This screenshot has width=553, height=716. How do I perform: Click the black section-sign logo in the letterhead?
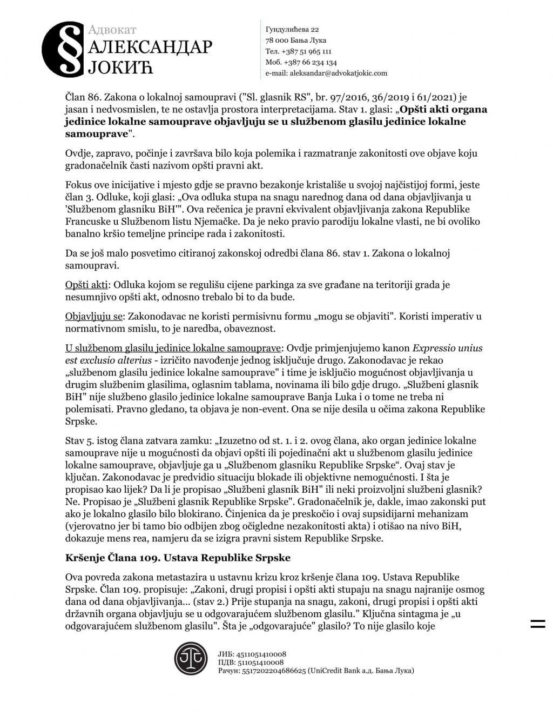pyautogui.click(x=63, y=49)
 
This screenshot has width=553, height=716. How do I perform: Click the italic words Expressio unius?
pyautogui.click(x=447, y=347)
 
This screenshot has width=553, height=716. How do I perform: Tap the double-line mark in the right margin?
pyautogui.click(x=538, y=625)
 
